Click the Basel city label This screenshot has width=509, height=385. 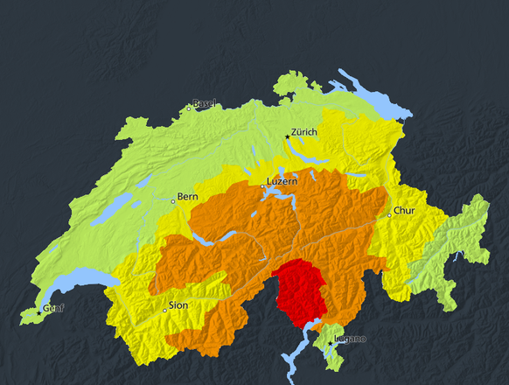click(205, 103)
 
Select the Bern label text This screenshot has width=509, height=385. click(188, 196)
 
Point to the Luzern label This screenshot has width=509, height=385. click(282, 181)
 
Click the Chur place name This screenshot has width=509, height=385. click(404, 211)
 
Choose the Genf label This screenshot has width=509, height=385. click(53, 308)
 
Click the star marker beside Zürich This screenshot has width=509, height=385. click(287, 136)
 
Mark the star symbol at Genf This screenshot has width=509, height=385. click(38, 313)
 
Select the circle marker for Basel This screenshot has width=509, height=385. click(188, 108)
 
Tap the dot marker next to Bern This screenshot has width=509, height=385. click(173, 200)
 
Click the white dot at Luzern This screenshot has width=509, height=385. click(262, 186)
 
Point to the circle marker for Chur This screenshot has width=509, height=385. click(390, 215)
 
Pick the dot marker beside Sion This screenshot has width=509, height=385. click(164, 310)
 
